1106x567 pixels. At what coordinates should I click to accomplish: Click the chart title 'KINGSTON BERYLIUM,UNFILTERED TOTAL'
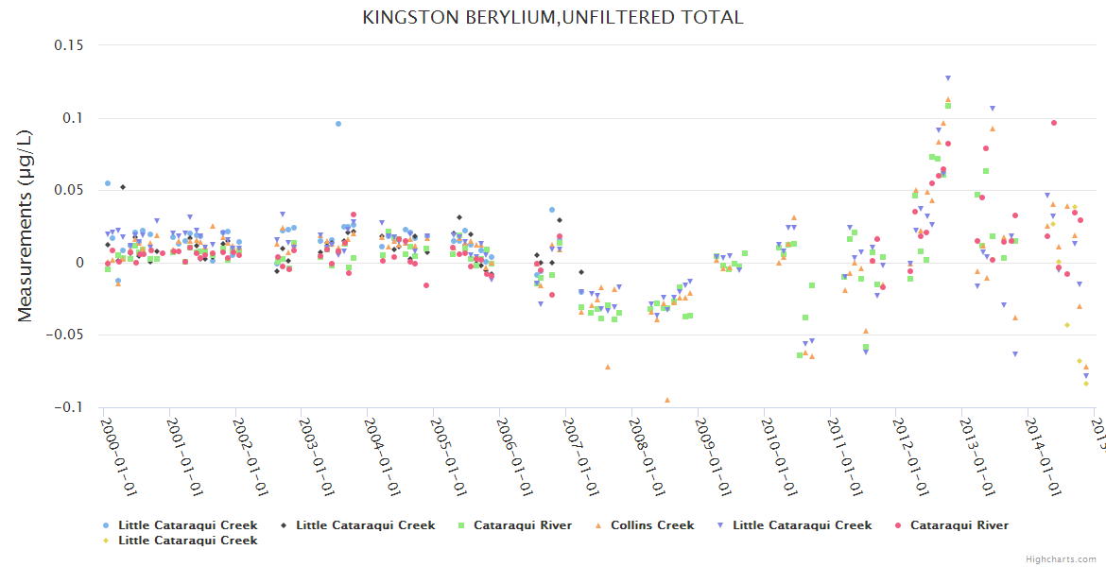552,18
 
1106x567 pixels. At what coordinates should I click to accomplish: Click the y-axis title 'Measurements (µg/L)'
26,227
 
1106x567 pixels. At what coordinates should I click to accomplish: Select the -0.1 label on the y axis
66,407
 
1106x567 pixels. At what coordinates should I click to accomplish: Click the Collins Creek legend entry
651,525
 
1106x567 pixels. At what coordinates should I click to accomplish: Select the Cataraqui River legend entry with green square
522,525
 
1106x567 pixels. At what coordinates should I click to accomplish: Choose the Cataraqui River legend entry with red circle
959,525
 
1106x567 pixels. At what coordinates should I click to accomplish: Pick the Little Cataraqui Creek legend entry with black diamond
365,525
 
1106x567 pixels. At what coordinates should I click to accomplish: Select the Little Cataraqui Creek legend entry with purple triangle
802,525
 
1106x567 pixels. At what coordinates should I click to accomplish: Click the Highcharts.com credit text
1061,559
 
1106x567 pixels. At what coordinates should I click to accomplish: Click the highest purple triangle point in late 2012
948,78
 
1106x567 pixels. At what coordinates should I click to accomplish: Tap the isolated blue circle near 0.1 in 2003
338,124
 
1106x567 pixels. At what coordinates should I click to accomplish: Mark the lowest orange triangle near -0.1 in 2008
667,400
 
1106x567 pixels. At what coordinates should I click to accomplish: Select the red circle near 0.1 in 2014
1054,123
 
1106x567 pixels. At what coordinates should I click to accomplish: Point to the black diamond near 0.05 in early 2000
123,187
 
